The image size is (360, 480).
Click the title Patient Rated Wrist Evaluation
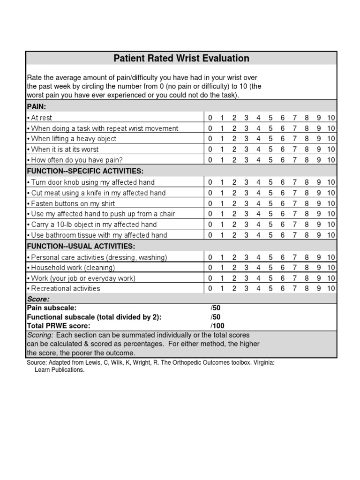pos(181,58)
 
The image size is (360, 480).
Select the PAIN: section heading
pos(37,106)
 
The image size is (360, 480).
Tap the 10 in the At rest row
pos(331,118)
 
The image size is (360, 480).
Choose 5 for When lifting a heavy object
pos(270,139)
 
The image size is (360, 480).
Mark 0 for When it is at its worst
pos(210,149)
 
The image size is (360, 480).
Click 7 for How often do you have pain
pos(294,160)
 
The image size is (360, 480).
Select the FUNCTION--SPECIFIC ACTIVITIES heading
pos(84,171)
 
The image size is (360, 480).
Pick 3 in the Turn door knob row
pos(246,182)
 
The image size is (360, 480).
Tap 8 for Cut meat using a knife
pos(307,193)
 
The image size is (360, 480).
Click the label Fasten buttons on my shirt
pos(73,203)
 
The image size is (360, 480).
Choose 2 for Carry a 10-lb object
pos(234,225)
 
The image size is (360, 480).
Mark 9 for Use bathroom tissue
pos(319,235)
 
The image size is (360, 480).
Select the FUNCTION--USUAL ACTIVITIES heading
pos(81,246)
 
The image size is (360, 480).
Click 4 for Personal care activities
pos(258,257)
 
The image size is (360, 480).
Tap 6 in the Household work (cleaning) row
pos(283,268)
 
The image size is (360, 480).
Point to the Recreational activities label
pos(65,289)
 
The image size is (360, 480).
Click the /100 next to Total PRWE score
pos(217,325)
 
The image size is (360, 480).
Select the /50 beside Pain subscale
pos(216,308)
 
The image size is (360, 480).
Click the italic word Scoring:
pos(40,335)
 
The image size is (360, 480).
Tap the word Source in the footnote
pos(37,363)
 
